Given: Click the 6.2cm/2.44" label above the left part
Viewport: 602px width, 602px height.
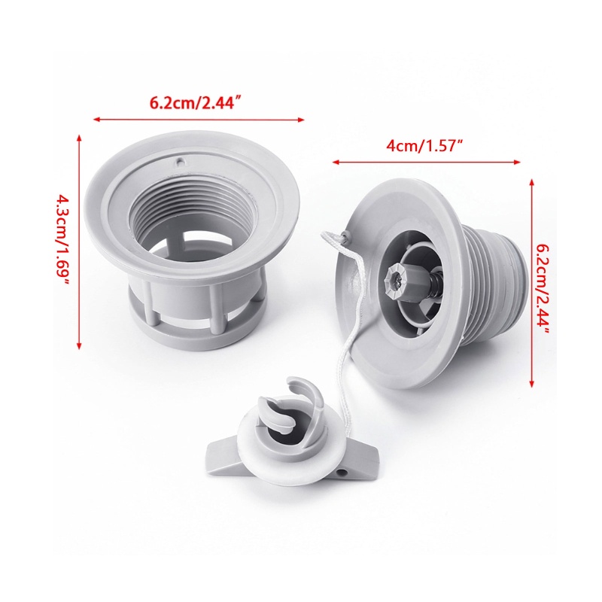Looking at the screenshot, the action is pos(197,103).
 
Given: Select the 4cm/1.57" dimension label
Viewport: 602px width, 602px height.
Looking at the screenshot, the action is pos(424,146).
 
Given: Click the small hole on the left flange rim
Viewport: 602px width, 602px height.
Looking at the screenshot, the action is pos(181,163).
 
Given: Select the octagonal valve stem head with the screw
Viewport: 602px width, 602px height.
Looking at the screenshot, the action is pos(397,281).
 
